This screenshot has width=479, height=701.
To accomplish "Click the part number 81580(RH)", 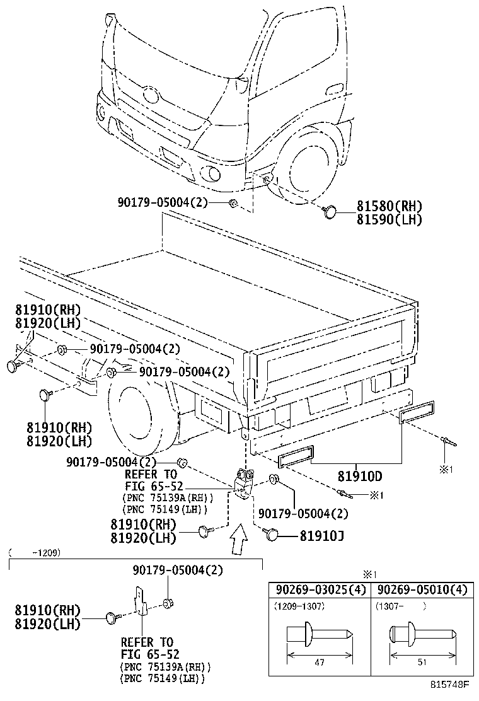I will pyautogui.click(x=389, y=206).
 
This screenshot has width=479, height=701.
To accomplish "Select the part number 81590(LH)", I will pyautogui.click(x=389, y=219).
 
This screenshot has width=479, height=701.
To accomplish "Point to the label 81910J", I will pyautogui.click(x=321, y=535).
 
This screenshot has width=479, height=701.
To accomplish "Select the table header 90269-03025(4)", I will pyautogui.click(x=320, y=590).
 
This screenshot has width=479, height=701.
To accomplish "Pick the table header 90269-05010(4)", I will pyautogui.click(x=422, y=590).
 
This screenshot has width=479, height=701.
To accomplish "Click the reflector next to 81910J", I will pyautogui.click(x=272, y=535).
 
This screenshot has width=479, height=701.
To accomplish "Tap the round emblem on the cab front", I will pyautogui.click(x=150, y=96).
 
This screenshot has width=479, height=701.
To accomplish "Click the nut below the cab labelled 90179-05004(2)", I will pyautogui.click(x=233, y=202).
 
